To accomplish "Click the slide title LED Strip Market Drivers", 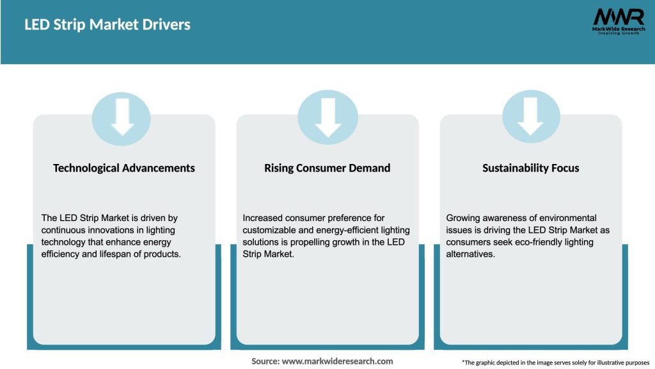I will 107,25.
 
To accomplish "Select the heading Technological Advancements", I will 124,168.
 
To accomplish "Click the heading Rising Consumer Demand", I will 327,168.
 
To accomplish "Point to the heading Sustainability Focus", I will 530,168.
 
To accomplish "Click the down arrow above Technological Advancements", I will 122,117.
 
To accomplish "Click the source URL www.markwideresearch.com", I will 337,361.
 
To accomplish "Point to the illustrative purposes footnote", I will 555,363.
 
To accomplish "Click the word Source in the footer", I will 265,361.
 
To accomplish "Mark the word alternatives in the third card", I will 471,254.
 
